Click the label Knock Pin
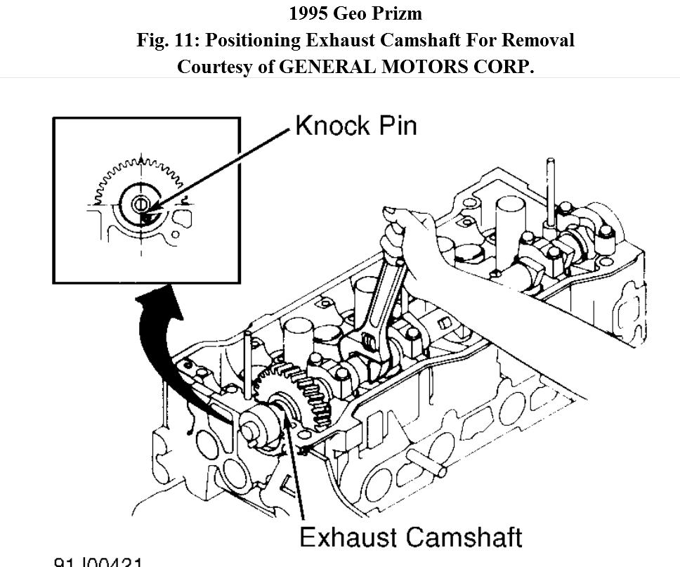pos(355,126)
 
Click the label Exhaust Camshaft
pos(410,537)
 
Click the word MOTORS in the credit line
pos(416,67)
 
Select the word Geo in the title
pos(355,13)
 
